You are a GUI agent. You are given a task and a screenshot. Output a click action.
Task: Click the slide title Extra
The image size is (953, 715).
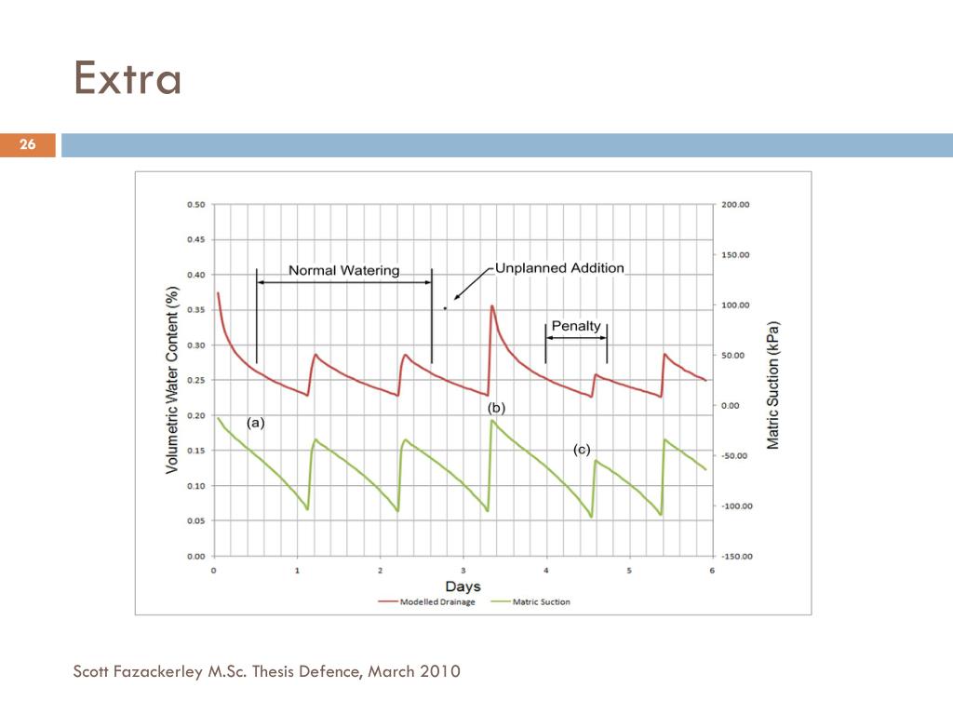[x=128, y=78]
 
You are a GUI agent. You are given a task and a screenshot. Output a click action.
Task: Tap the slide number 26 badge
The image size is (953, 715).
[x=27, y=144]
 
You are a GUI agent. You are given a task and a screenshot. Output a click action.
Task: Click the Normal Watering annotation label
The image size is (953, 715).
[x=343, y=271]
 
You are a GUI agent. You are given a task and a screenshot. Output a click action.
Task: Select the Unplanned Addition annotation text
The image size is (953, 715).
[x=559, y=268]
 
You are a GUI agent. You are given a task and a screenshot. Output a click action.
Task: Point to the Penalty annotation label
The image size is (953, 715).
[x=576, y=326]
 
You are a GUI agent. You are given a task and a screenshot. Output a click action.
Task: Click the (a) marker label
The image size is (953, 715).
[x=256, y=422]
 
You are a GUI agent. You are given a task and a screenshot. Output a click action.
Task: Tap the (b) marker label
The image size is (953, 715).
[x=496, y=408]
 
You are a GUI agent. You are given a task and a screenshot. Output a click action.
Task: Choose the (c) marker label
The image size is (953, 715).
[x=582, y=450]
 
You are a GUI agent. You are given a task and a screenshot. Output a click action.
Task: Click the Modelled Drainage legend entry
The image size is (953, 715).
[x=436, y=601]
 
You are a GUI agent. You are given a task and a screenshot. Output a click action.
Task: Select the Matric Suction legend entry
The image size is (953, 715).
[x=542, y=601]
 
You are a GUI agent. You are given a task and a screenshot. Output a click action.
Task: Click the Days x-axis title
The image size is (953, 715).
[x=463, y=587]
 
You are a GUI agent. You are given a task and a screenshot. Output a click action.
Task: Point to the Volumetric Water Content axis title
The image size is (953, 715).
[x=172, y=379]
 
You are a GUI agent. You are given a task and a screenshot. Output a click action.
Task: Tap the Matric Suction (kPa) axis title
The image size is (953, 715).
[x=773, y=385]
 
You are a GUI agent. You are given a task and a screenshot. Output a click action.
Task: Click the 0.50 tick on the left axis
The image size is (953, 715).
[x=195, y=205]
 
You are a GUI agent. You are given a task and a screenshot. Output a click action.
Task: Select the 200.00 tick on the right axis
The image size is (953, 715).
[x=736, y=205]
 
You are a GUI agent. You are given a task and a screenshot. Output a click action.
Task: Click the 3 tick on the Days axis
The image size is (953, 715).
[x=463, y=570]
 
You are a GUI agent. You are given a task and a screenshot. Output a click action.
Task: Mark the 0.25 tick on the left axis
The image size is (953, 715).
[x=195, y=381]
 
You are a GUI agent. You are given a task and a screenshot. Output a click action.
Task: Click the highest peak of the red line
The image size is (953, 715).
[x=491, y=305]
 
